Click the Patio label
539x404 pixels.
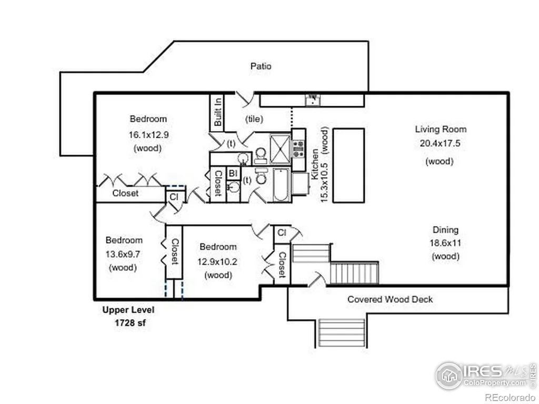[261, 66]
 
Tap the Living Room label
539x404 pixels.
[441, 129]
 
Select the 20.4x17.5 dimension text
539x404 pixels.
[440, 143]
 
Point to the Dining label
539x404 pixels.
[445, 229]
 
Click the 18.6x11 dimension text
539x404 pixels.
[445, 243]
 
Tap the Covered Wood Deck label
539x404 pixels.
[390, 299]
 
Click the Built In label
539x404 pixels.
[217, 112]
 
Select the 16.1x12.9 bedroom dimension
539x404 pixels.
[148, 135]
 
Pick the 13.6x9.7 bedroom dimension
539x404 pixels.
[123, 254]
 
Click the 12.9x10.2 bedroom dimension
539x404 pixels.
[217, 262]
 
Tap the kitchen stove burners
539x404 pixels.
[298, 149]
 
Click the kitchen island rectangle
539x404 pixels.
[348, 166]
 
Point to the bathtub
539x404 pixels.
[281, 185]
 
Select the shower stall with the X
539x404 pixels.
[280, 149]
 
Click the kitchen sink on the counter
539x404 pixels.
[313, 100]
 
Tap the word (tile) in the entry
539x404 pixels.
[254, 119]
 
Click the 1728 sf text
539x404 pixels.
[130, 323]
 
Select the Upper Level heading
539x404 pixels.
[128, 310]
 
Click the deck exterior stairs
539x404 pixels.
[341, 333]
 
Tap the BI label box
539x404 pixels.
[233, 173]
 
